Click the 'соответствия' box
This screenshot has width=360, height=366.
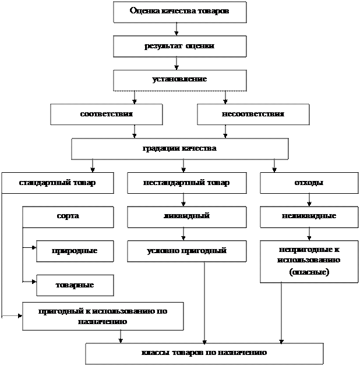106,114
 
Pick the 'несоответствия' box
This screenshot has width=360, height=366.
253,114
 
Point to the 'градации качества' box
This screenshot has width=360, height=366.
179,148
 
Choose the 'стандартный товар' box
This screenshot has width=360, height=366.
57,183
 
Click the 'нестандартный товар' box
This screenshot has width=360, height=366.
186,183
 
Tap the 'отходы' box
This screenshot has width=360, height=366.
309,183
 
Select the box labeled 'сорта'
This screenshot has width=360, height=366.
68,216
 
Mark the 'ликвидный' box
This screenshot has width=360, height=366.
186,216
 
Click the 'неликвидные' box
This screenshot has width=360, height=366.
309,216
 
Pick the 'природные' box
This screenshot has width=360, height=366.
75,251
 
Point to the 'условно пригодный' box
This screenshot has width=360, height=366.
186,251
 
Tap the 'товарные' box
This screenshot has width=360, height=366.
75,285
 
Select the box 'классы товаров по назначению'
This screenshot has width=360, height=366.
204,353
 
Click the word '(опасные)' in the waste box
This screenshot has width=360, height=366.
309,272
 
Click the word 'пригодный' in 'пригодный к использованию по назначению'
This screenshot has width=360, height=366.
58,311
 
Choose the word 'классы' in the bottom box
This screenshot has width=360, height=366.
154,353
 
